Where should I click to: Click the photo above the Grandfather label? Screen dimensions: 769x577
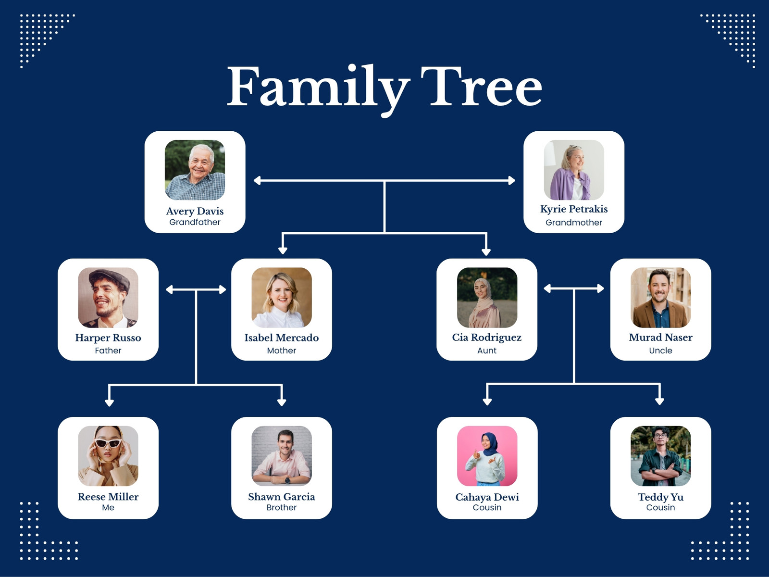(x=195, y=170)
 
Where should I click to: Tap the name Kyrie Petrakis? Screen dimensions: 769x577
(x=574, y=209)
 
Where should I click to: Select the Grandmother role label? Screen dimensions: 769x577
(x=574, y=223)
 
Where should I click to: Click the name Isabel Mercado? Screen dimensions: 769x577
(x=282, y=338)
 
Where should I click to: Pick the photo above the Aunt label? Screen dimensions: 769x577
(x=487, y=298)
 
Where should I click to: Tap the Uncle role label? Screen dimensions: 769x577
(x=660, y=351)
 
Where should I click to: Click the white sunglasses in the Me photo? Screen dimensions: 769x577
(x=108, y=443)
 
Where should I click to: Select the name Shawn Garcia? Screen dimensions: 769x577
(x=282, y=497)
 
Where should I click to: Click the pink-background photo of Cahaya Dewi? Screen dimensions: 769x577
(x=487, y=456)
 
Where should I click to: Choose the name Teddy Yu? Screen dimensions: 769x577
(x=660, y=497)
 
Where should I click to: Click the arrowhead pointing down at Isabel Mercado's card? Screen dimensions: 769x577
(x=283, y=251)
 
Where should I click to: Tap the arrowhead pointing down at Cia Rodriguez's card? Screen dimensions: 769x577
(x=486, y=251)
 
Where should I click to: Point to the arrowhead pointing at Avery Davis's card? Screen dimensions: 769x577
(x=257, y=180)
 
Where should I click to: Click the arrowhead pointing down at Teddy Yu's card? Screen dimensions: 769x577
(x=660, y=401)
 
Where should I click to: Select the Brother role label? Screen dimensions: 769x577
(x=282, y=508)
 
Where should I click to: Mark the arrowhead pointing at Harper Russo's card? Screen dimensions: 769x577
(x=170, y=290)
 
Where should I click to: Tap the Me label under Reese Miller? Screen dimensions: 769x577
(x=108, y=508)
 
